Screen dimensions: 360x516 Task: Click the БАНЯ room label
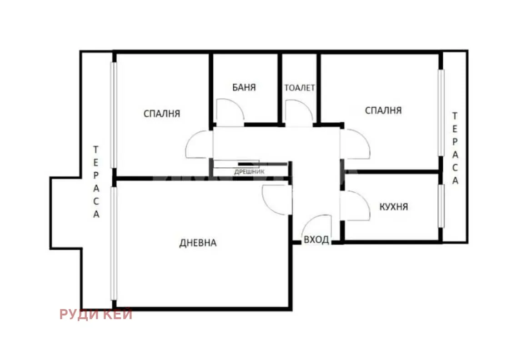[x=244, y=87]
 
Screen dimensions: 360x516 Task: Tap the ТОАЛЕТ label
[x=300, y=88]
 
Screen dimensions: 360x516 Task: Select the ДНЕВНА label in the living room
[x=198, y=243]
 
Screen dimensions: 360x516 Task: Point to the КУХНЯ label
[x=394, y=207]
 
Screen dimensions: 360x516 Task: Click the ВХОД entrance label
[x=316, y=240]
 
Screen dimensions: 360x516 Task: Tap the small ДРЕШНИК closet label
[x=249, y=172]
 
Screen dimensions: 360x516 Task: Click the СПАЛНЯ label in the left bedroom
[x=162, y=113]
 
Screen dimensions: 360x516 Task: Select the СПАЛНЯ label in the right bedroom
[x=383, y=110]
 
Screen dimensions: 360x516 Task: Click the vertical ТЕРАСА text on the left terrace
[x=96, y=182]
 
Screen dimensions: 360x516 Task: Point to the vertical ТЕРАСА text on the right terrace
[x=455, y=148]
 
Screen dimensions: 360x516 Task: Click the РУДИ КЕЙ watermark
[x=96, y=314]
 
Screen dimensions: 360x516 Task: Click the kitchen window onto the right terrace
[x=441, y=205]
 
